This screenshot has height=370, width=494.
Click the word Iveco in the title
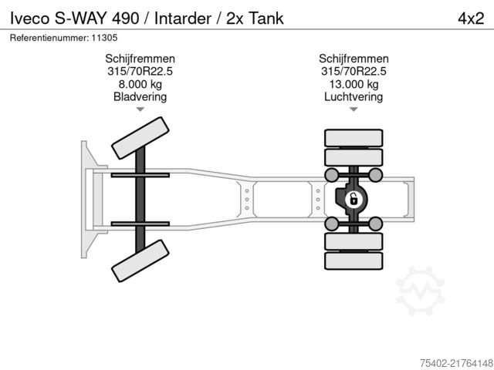point(26,18)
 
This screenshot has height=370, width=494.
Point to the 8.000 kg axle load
point(140,84)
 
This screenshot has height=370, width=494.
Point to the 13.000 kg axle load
point(353,84)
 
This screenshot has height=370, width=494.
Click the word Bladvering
point(140,96)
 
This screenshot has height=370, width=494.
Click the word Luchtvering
point(353,96)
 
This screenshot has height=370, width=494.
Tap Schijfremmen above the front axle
point(140,59)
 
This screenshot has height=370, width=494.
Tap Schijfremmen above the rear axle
point(353,59)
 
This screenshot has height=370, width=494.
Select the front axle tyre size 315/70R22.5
point(140,72)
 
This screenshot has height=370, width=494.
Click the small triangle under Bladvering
point(140,110)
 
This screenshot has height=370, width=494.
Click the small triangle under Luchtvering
point(354,110)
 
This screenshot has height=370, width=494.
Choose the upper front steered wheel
point(140,140)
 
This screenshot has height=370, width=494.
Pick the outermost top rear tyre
point(354,139)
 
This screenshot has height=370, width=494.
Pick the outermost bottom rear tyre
point(354,261)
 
